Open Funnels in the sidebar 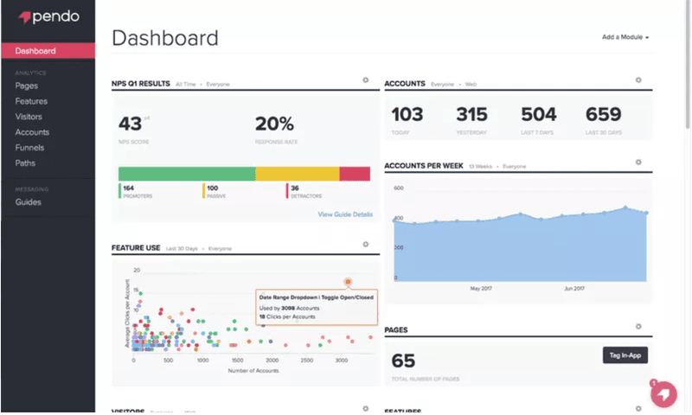[x=29, y=148]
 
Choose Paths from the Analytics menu [x=25, y=163]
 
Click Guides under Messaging [x=28, y=202]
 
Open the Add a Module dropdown [x=625, y=38]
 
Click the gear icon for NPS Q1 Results [x=366, y=80]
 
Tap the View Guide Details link [x=345, y=214]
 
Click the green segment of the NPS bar [x=186, y=174]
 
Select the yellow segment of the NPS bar [x=297, y=174]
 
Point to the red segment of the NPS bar [x=355, y=174]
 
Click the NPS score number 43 [x=130, y=124]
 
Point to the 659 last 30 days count [x=603, y=115]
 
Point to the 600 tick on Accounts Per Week [x=399, y=187]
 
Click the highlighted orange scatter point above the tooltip [x=348, y=281]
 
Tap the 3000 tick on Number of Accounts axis [x=342, y=361]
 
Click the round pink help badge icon [x=663, y=393]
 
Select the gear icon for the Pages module [x=638, y=327]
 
